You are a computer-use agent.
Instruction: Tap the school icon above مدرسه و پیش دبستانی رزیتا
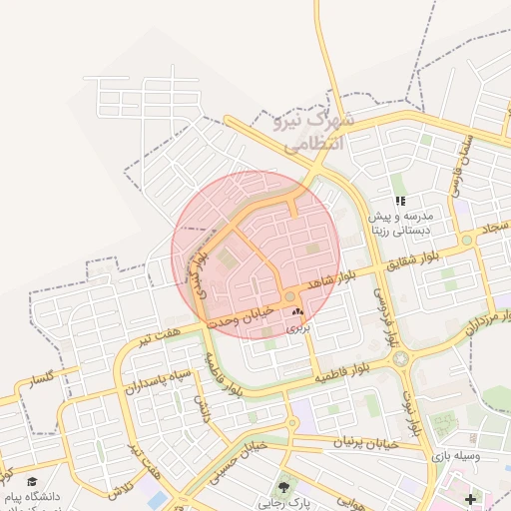point(400,201)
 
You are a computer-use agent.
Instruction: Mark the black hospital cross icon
point(471,498)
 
